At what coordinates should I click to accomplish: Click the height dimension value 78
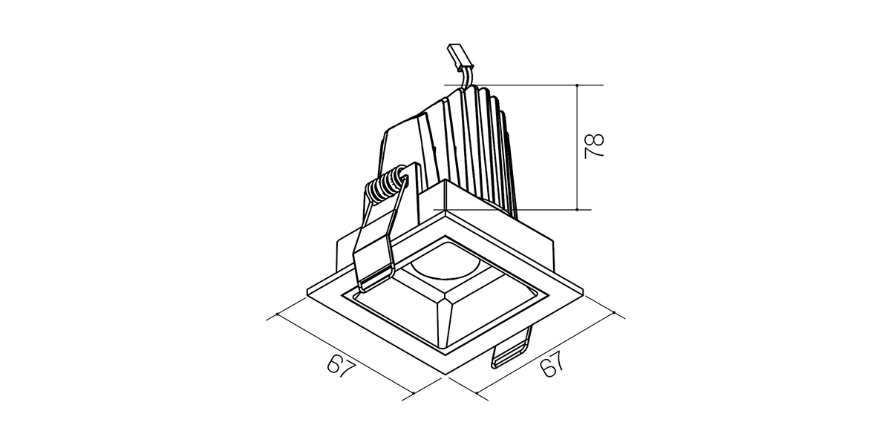point(594,146)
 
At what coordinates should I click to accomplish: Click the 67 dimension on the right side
point(552,363)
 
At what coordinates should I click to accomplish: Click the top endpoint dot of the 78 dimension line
point(577,85)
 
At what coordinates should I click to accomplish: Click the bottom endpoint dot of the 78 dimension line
point(577,209)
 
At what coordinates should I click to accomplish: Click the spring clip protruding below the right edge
point(512,349)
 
